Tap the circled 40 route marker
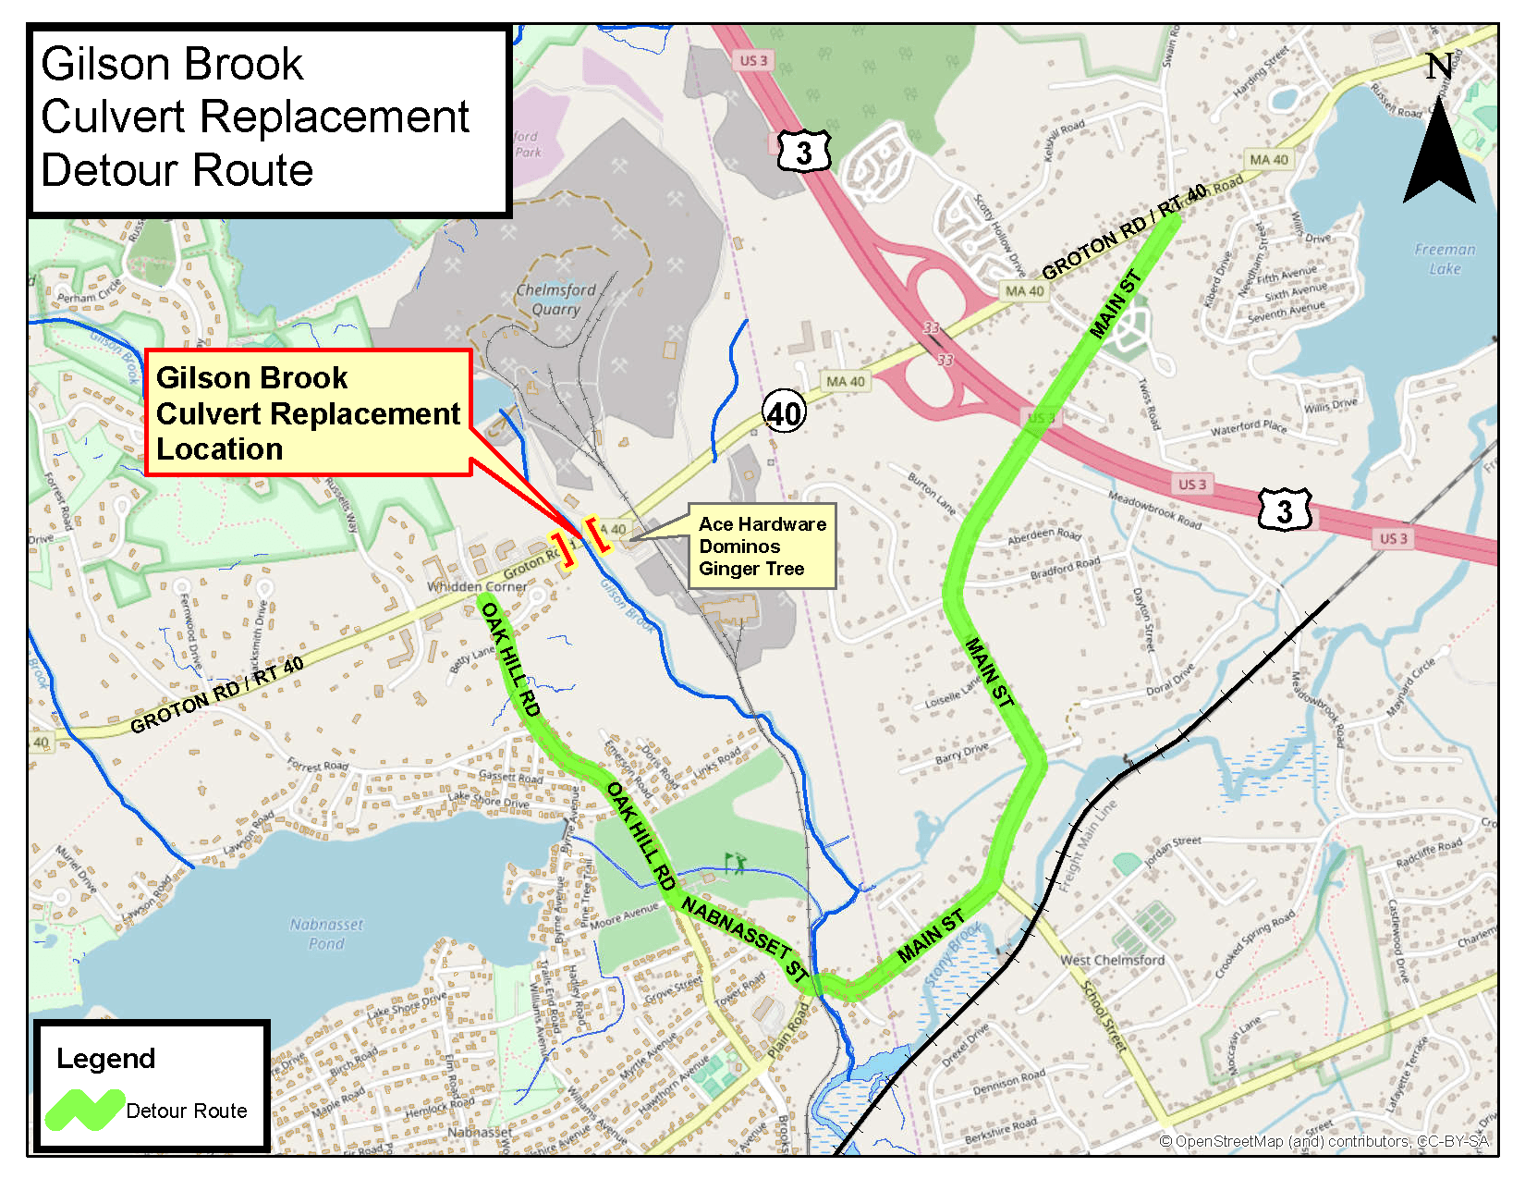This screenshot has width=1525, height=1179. [x=784, y=412]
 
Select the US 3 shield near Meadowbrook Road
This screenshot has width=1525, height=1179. [x=1285, y=510]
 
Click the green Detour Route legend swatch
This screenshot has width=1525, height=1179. [x=85, y=1110]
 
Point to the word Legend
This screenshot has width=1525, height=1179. [x=105, y=1059]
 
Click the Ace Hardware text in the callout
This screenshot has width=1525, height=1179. [x=762, y=524]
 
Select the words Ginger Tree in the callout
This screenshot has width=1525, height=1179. [x=750, y=569]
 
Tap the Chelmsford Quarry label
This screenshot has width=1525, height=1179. [x=555, y=300]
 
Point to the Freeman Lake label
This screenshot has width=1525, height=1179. [x=1445, y=259]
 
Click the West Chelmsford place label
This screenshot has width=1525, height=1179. [x=1112, y=960]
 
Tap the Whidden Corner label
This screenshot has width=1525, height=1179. [x=477, y=586]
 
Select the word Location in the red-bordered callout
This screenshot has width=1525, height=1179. [x=219, y=449]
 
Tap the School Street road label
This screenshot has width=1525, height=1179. [x=1104, y=1015]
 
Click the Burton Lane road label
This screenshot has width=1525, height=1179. [x=931, y=495]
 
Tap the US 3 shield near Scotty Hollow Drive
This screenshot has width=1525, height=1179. [x=804, y=152]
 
